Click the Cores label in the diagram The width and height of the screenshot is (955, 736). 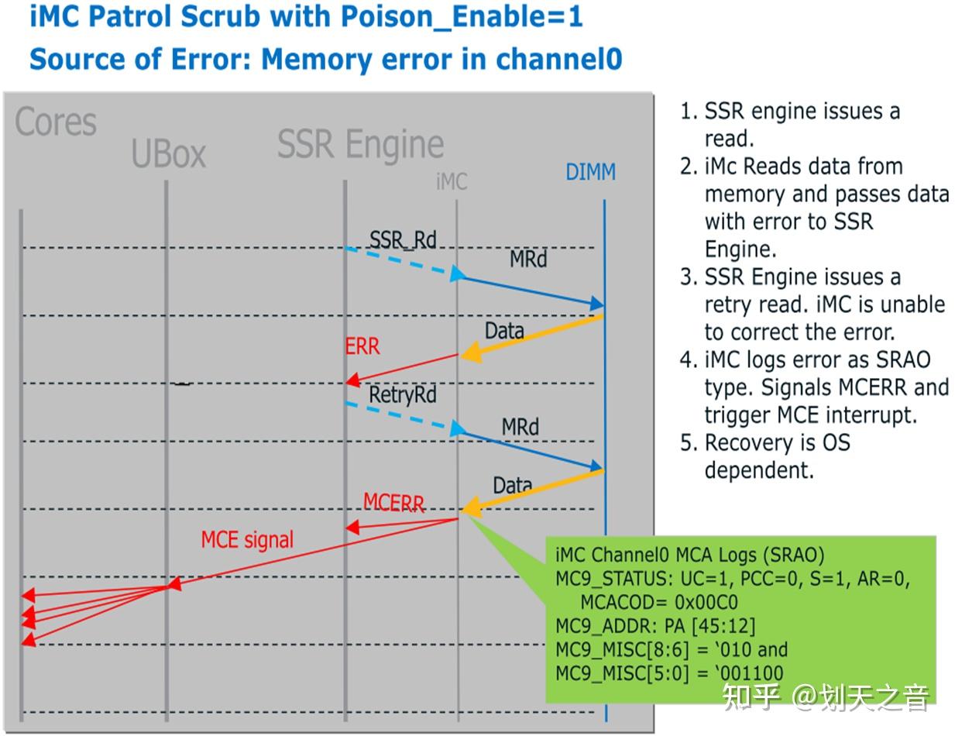pos(56,123)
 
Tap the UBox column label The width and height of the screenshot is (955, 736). pos(168,153)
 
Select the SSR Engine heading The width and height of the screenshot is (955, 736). pos(360,144)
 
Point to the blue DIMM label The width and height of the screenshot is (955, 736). pos(590,172)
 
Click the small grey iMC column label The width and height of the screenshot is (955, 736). pos(452,181)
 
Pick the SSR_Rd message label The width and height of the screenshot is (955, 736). pos(403,239)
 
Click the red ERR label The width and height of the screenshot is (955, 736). pos(362,346)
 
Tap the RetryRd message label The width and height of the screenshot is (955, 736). pos(402,395)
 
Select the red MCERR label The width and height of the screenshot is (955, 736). pos(393,503)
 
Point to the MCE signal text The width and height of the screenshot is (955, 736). pos(247,539)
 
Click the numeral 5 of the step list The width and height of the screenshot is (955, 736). pos(685,443)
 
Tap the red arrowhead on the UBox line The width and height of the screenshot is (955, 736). pos(174,583)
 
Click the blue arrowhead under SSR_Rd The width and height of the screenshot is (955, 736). pos(457,274)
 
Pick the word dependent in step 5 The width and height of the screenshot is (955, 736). pos(758,470)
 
